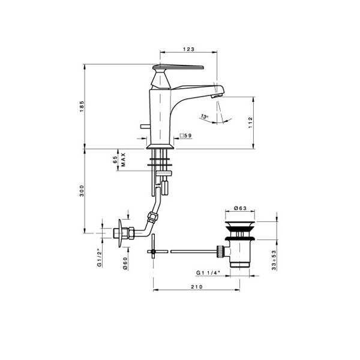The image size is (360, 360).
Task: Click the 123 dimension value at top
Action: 188,49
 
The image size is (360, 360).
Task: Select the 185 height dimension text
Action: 82,106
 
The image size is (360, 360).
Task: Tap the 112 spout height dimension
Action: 250,122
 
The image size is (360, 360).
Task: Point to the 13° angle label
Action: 204,116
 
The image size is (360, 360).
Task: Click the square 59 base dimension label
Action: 185,136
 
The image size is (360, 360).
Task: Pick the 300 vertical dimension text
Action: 82,191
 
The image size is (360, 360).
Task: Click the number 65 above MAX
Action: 115,160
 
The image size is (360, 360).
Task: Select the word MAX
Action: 123,160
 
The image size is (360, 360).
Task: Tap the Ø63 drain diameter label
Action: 240,208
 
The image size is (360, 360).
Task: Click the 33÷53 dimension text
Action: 274,260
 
